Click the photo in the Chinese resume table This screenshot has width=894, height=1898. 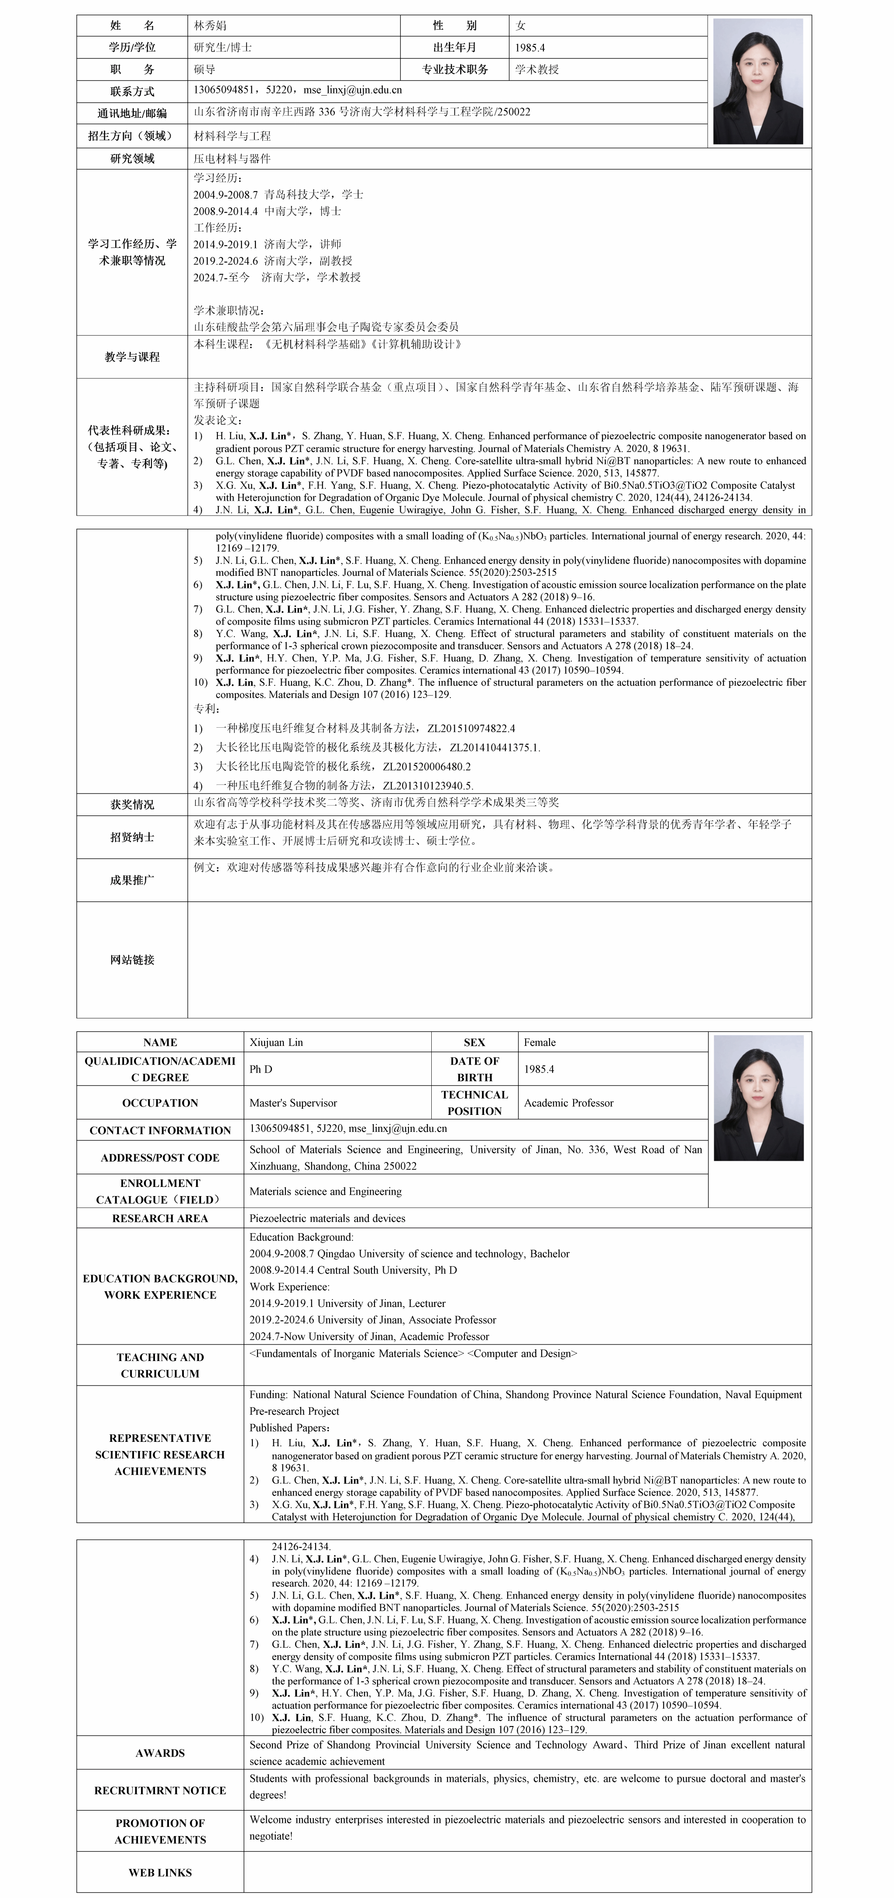coord(758,81)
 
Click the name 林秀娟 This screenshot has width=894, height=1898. coord(210,26)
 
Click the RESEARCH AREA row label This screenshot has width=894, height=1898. coord(160,1218)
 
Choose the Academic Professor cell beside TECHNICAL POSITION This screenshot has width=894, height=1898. coord(568,1103)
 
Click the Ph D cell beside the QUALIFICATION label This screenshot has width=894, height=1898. coord(261,1069)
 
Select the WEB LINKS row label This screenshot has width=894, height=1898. coord(160,1872)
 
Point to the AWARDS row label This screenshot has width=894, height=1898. coord(160,1753)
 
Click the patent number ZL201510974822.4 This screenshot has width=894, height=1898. coord(471,728)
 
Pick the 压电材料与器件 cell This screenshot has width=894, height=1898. coord(232,158)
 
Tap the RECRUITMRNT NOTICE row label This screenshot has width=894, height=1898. coord(160,1791)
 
